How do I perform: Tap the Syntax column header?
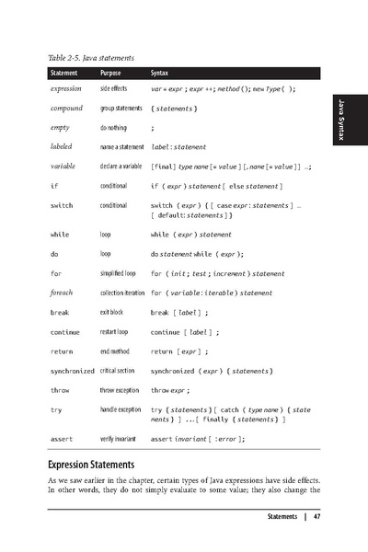(x=159, y=72)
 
